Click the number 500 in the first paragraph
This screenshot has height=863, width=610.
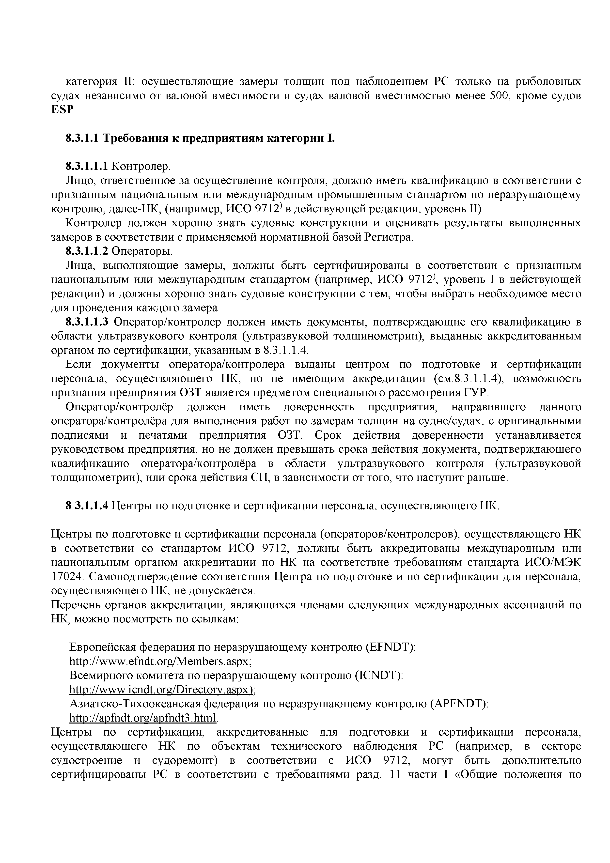(501, 96)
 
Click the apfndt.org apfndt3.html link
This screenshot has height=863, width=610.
(143, 718)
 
